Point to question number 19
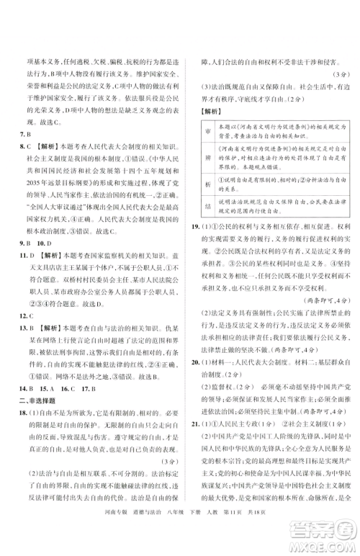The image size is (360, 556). (196, 227)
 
